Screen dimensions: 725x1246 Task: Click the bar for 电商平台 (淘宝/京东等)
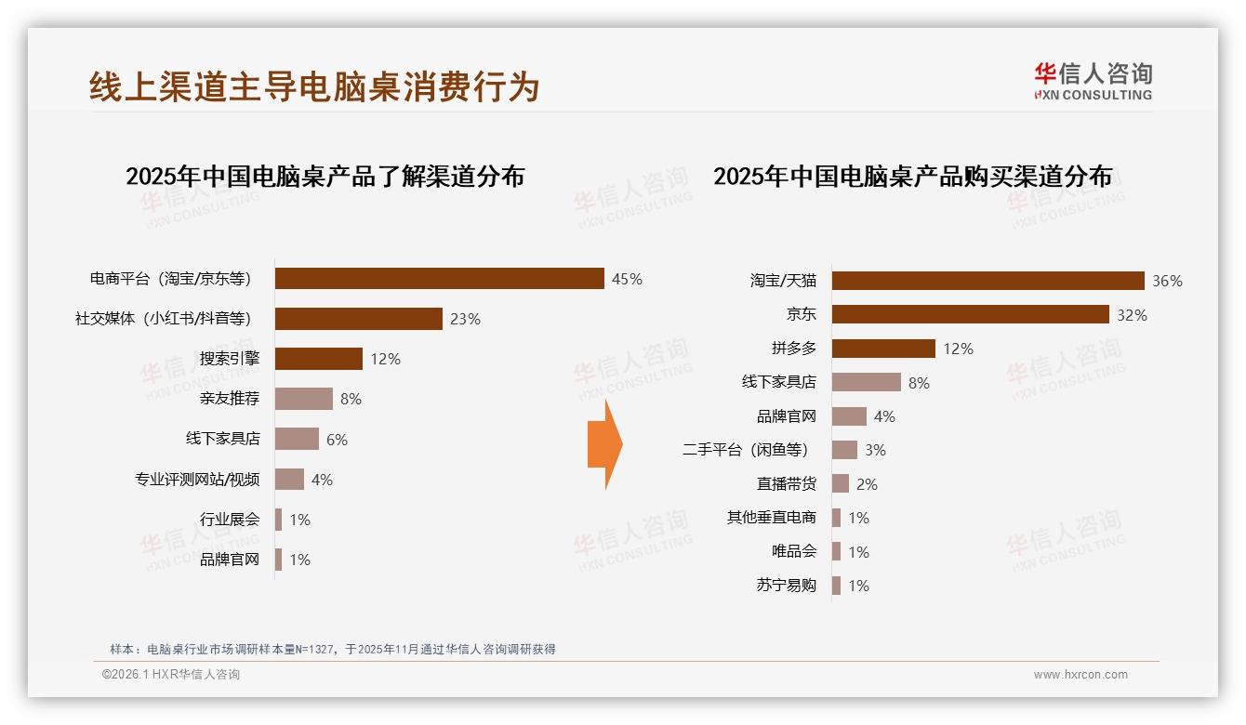[x=440, y=279]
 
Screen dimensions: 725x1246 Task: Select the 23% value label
[x=465, y=319]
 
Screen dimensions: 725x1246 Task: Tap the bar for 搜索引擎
[x=319, y=359]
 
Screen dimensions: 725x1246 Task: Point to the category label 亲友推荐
[x=230, y=399]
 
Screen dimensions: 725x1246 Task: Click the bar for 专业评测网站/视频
[x=289, y=480]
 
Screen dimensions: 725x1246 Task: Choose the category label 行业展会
[x=230, y=520]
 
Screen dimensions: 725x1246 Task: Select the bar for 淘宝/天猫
[x=988, y=281]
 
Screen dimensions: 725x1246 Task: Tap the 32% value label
[x=1132, y=315]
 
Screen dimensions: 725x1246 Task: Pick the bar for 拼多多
[x=883, y=349]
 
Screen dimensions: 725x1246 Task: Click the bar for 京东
[x=970, y=314]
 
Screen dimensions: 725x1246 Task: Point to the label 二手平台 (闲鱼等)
[x=745, y=450]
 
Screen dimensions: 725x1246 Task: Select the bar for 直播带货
[x=841, y=484]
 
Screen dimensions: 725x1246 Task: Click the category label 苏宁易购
[x=787, y=586]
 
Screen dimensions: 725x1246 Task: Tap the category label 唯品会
[x=794, y=551]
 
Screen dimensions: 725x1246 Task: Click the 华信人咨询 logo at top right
[x=1093, y=81]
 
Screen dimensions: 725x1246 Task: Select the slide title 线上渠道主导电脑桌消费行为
[x=314, y=86]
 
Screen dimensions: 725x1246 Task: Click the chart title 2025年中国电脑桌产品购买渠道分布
[x=912, y=177]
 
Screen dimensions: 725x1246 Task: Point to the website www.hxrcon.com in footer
[x=1080, y=675]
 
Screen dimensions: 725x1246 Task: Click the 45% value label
[x=627, y=279]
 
